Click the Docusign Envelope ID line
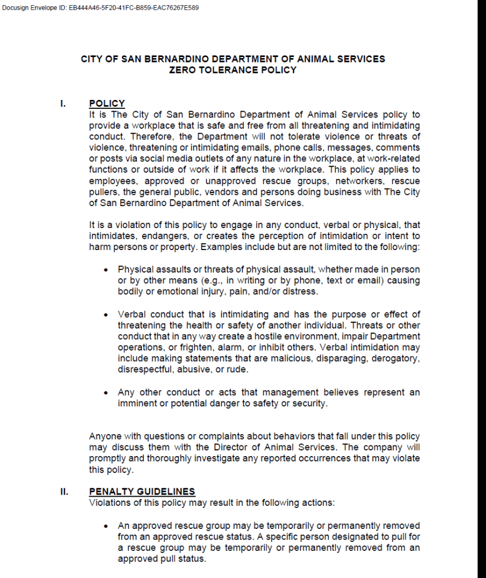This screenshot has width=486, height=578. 100,8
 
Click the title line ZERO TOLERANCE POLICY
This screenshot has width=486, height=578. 233,70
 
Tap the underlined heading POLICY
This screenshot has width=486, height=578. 107,104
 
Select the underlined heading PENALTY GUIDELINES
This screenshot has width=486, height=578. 142,492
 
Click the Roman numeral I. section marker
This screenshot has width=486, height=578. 63,104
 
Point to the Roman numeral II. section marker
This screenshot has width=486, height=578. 64,492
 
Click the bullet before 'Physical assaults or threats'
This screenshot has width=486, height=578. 106,270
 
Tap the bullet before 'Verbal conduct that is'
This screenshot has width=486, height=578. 106,314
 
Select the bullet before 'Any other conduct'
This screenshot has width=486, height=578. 106,392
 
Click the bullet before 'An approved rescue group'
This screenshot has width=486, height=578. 106,526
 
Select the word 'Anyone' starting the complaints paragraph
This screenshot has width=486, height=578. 104,436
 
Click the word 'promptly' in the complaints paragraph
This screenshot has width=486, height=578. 107,458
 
